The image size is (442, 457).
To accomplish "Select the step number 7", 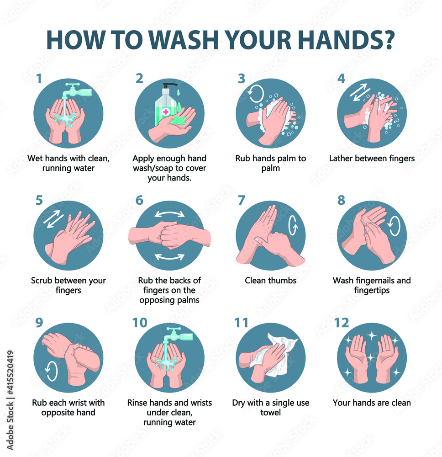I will [x=241, y=201].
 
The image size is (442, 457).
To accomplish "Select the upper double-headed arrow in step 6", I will [x=169, y=213].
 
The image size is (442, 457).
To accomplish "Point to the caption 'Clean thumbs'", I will [x=271, y=281].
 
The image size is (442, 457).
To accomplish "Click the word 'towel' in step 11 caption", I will [x=270, y=413].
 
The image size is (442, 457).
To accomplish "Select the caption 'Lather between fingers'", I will [x=372, y=159].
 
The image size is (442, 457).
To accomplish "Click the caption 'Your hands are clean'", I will [x=372, y=403].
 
